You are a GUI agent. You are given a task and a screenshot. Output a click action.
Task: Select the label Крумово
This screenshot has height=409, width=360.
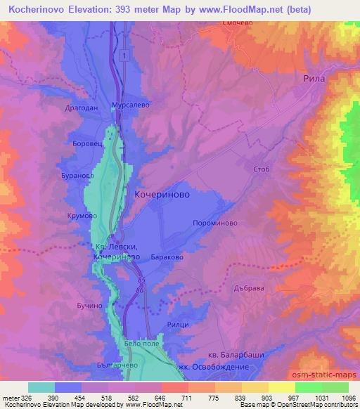click(x=82, y=216)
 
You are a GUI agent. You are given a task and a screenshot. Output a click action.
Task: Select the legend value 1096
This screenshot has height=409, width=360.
click(x=347, y=398)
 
